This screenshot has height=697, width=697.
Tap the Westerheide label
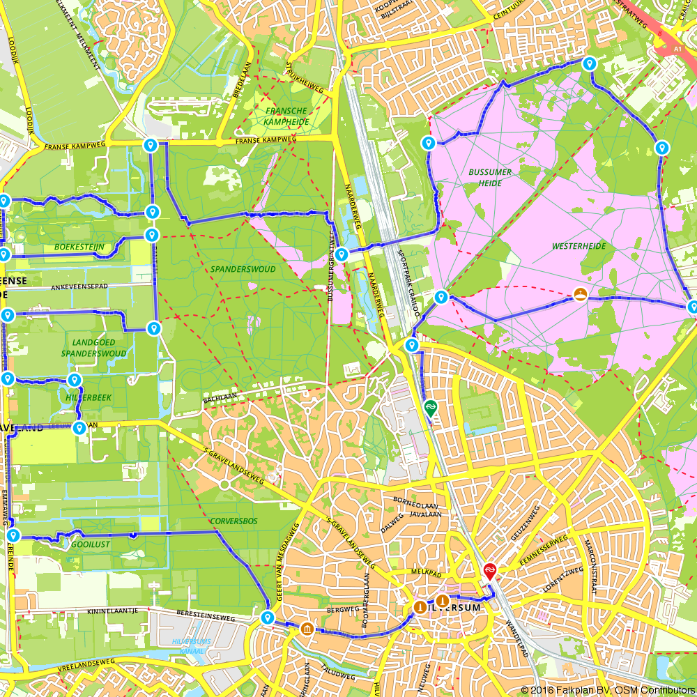(x=579, y=246)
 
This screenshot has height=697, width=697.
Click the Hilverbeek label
(x=88, y=397)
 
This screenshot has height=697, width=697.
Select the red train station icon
(x=490, y=570)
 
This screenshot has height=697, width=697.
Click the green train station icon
(x=431, y=406)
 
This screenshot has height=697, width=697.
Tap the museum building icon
(x=307, y=630)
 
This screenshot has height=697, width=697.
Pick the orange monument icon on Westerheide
(x=579, y=293)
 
